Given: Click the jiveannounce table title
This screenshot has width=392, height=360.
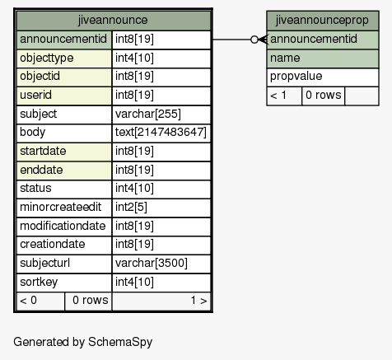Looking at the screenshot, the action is (x=113, y=20).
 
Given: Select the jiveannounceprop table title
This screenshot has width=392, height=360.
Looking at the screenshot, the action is (x=322, y=20).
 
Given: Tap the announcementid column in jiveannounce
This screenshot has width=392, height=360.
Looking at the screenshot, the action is (x=63, y=39).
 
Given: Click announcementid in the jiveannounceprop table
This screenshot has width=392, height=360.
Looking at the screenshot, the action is (x=314, y=39).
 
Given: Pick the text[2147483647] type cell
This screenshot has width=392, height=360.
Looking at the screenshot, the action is (x=161, y=133).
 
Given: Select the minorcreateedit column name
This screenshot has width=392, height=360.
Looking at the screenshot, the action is (x=61, y=207).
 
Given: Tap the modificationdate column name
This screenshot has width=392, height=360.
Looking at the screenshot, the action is (x=63, y=226).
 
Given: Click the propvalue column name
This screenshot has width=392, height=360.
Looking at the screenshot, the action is (x=296, y=77).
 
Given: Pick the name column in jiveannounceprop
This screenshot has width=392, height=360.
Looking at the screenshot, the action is (x=285, y=58).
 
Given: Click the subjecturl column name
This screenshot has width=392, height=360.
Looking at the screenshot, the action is (x=45, y=263).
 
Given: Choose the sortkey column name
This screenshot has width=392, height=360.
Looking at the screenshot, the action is (x=39, y=282).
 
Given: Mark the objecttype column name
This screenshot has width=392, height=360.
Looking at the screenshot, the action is (x=47, y=58).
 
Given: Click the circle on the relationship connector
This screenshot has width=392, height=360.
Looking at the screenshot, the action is (x=254, y=40).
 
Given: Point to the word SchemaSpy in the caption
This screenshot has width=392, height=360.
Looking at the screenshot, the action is (x=120, y=342).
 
